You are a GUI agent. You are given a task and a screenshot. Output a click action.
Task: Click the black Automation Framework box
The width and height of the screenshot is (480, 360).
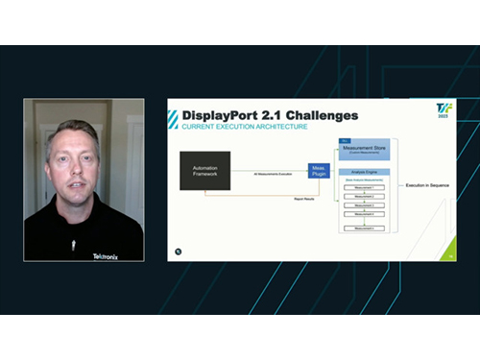pos(204,170)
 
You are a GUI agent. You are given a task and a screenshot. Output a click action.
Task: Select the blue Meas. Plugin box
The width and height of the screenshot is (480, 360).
pos(319,170)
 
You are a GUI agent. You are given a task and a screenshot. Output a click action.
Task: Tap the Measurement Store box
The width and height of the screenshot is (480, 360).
pos(367,151)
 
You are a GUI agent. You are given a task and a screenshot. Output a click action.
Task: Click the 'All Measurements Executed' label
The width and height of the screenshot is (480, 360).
pos(274,174)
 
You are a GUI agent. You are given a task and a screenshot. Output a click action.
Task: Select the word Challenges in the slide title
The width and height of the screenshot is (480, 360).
pos(318,116)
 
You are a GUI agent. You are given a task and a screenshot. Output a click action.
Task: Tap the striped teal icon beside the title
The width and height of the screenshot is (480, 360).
pos(173,118)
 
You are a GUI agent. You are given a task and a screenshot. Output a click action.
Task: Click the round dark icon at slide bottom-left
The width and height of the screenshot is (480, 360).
pos(179,251)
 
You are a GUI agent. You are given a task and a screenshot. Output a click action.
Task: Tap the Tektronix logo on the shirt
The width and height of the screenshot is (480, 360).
pos(108,256)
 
